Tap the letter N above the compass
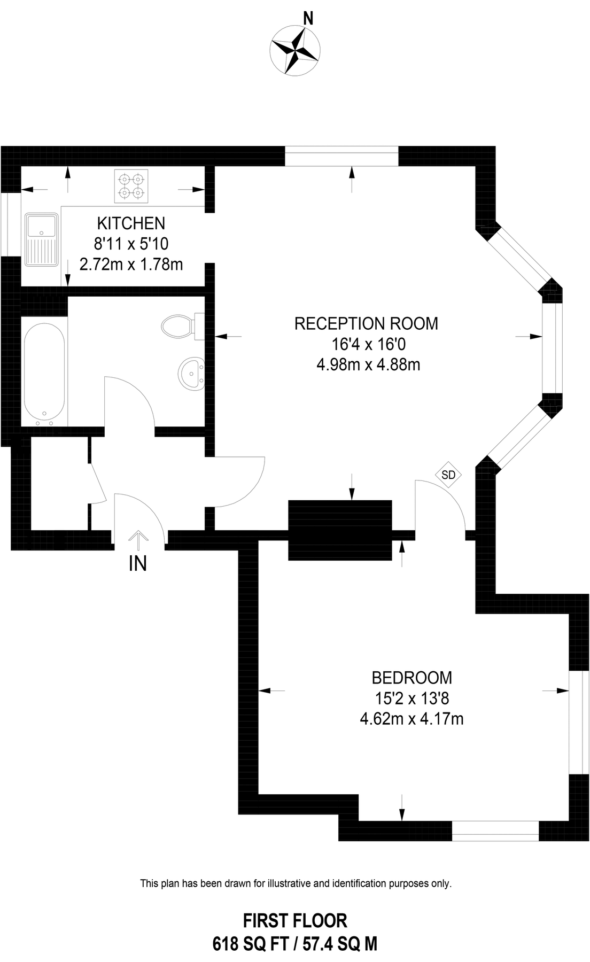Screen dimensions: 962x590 point(308,19)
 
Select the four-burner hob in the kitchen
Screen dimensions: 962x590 point(131,185)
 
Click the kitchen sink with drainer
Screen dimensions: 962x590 point(42,239)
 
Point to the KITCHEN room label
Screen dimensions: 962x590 point(131,223)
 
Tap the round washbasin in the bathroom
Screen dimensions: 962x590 point(190,372)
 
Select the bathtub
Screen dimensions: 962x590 point(44,371)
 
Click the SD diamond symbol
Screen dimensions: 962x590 point(448,474)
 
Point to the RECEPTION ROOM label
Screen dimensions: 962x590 point(366,323)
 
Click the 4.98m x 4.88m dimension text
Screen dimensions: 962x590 point(368,365)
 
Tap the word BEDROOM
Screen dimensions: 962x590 point(412,678)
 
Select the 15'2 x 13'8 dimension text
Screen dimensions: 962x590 point(412,698)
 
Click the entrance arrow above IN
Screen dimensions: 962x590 point(138,540)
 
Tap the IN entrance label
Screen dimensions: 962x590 point(138,564)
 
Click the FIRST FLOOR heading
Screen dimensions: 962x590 point(295,920)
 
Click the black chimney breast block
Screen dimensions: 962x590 point(340,530)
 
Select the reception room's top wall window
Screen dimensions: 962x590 point(341,156)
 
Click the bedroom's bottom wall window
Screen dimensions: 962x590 point(495,831)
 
